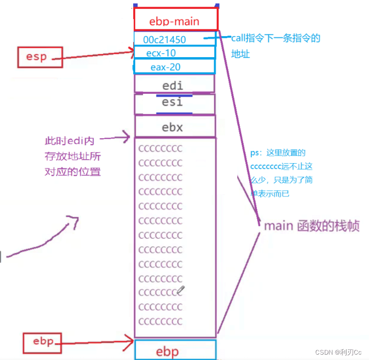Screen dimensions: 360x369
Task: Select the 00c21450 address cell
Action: click(174, 39)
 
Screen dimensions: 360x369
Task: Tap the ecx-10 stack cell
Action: click(174, 52)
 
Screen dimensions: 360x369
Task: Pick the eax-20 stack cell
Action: click(174, 66)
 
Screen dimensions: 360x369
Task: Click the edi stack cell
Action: click(174, 85)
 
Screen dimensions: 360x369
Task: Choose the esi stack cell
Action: click(174, 103)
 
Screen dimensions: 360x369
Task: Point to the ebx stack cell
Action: click(174, 127)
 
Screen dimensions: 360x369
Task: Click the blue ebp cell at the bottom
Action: click(174, 351)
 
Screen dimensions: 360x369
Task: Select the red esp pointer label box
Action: click(37, 57)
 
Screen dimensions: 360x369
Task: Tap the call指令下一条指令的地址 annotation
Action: click(275, 45)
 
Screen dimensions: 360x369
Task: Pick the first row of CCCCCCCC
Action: click(160, 148)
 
